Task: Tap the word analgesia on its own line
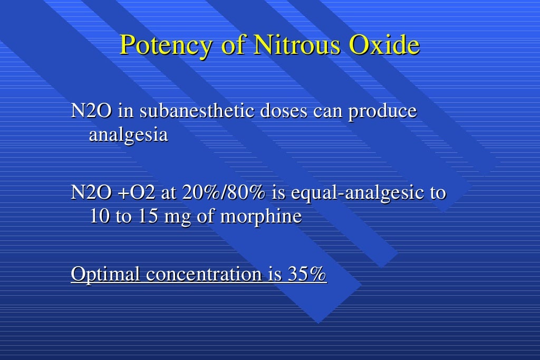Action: click(x=128, y=136)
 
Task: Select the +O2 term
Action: click(x=136, y=193)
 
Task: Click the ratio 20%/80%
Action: click(x=223, y=193)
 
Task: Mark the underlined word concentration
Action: click(x=203, y=275)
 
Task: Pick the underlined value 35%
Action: click(x=307, y=275)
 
